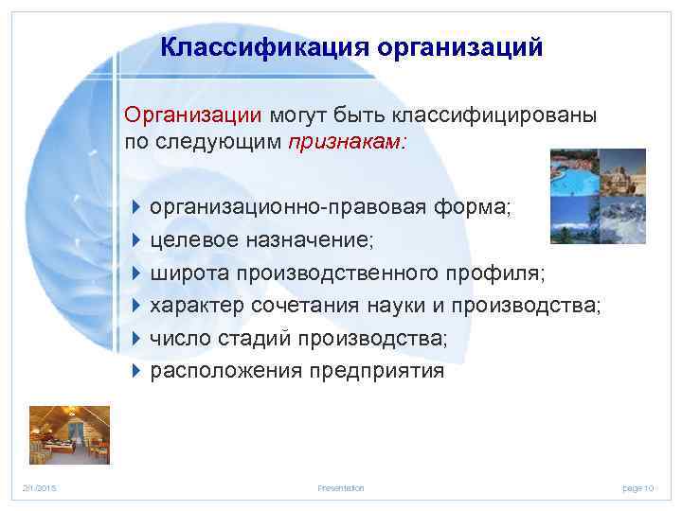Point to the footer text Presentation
[x=341, y=487]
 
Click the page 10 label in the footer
[x=637, y=487]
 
